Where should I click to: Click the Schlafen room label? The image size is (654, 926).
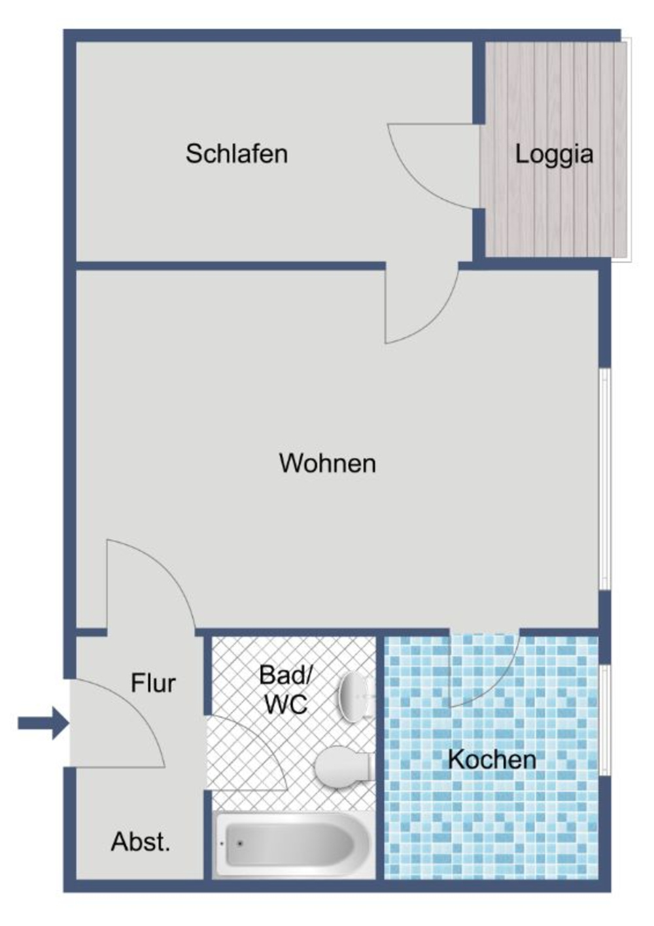point(236,154)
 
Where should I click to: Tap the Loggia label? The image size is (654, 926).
point(554,154)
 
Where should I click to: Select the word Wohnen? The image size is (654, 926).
point(327,463)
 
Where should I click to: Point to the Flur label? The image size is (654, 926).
point(153,683)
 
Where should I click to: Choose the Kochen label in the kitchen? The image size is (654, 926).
point(492,759)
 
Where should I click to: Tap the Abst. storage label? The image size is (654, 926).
point(141,842)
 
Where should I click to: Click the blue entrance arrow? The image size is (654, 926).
point(43,723)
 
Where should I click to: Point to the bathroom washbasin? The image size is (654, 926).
point(355,697)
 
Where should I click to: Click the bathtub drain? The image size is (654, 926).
point(240,844)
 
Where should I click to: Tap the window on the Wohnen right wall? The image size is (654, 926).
point(606,481)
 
